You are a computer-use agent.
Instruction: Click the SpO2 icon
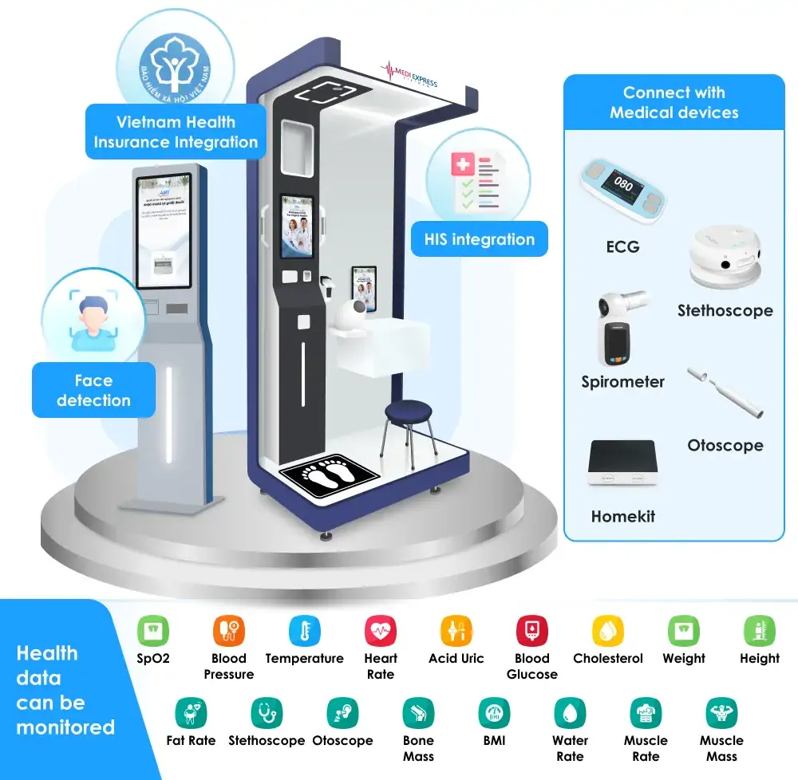click(153, 631)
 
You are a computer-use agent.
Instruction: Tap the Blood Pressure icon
click(229, 631)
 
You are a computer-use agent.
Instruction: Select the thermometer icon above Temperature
click(304, 631)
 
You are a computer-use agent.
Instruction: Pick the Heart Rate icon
click(381, 631)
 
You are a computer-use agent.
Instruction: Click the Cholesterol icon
click(608, 631)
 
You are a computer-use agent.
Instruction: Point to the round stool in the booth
click(409, 414)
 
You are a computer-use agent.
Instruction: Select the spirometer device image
click(622, 327)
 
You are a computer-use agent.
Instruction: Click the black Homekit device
click(622, 462)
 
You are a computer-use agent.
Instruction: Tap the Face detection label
click(93, 390)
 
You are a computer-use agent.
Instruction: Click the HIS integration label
click(480, 239)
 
